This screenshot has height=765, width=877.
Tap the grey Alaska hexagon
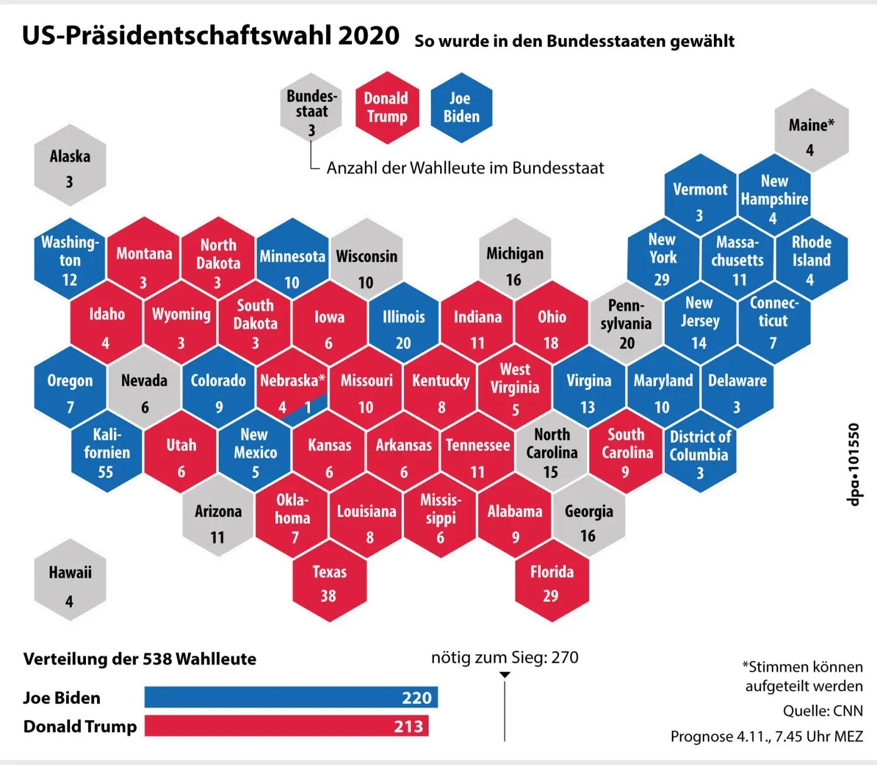coord(70,165)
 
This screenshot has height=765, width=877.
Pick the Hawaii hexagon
coord(70,580)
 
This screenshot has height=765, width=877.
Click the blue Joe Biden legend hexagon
coord(461,108)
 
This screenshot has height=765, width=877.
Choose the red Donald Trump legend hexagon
coord(387,108)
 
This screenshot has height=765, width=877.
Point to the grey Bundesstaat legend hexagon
coord(311,108)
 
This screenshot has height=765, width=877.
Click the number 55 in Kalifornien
coord(105,472)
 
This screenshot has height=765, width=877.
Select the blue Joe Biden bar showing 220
coord(291,697)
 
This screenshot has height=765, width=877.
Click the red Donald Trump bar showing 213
coord(286,726)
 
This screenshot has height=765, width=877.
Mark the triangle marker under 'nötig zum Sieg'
coord(505,674)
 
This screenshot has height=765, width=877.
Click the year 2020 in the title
coord(368,35)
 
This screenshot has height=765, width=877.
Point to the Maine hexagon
coord(812,130)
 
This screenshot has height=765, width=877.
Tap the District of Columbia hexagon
coord(700,451)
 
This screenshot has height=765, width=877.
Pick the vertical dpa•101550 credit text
coord(854,464)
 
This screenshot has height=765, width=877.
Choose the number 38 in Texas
coord(329,596)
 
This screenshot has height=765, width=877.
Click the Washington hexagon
coord(70,259)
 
